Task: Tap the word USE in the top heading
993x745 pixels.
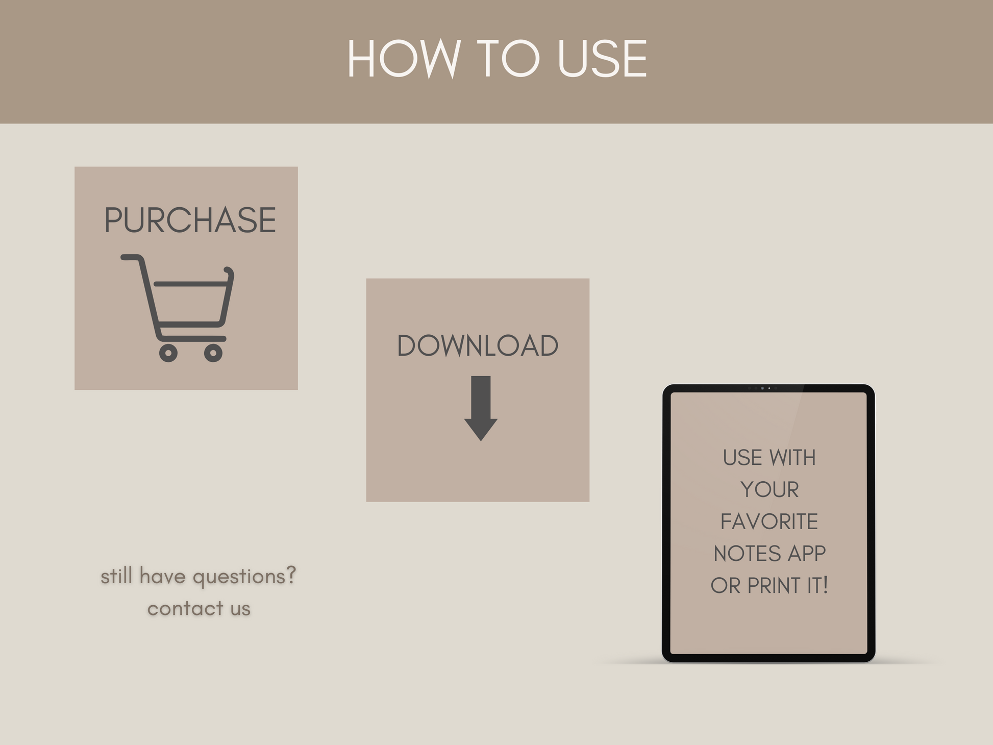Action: coord(602,59)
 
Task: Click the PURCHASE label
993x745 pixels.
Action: coord(190,220)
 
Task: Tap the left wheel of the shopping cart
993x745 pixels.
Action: coord(168,353)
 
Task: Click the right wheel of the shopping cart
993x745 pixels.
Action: coord(213,353)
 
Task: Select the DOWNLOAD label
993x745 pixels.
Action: coord(478,345)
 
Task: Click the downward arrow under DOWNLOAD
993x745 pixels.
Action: coord(481,408)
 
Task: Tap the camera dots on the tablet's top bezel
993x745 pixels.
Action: coord(762,388)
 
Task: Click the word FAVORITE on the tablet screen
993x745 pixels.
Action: coord(769,521)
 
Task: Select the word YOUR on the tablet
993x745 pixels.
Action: coord(769,489)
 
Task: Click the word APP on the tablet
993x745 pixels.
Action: coord(806,554)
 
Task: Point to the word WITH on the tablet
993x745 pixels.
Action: coord(792,458)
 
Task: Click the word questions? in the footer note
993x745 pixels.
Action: coord(244,577)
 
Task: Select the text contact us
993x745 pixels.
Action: coord(199,608)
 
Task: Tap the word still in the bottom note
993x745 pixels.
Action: coord(116,576)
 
